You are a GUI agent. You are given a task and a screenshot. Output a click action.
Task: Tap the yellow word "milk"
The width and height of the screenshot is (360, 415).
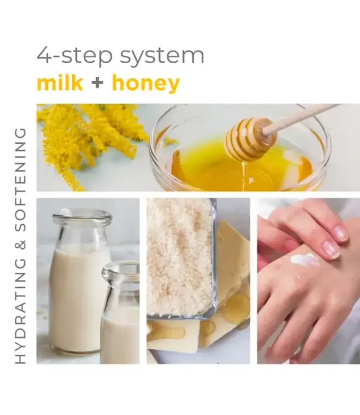(60, 84)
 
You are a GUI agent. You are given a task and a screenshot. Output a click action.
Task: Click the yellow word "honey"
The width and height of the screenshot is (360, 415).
(146, 84)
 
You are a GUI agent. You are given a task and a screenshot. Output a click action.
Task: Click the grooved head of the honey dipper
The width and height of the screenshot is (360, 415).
(249, 139)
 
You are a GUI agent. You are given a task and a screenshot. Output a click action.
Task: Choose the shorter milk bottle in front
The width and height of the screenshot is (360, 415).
(120, 321)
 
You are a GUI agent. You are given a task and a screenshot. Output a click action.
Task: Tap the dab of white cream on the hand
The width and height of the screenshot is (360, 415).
(305, 259)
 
